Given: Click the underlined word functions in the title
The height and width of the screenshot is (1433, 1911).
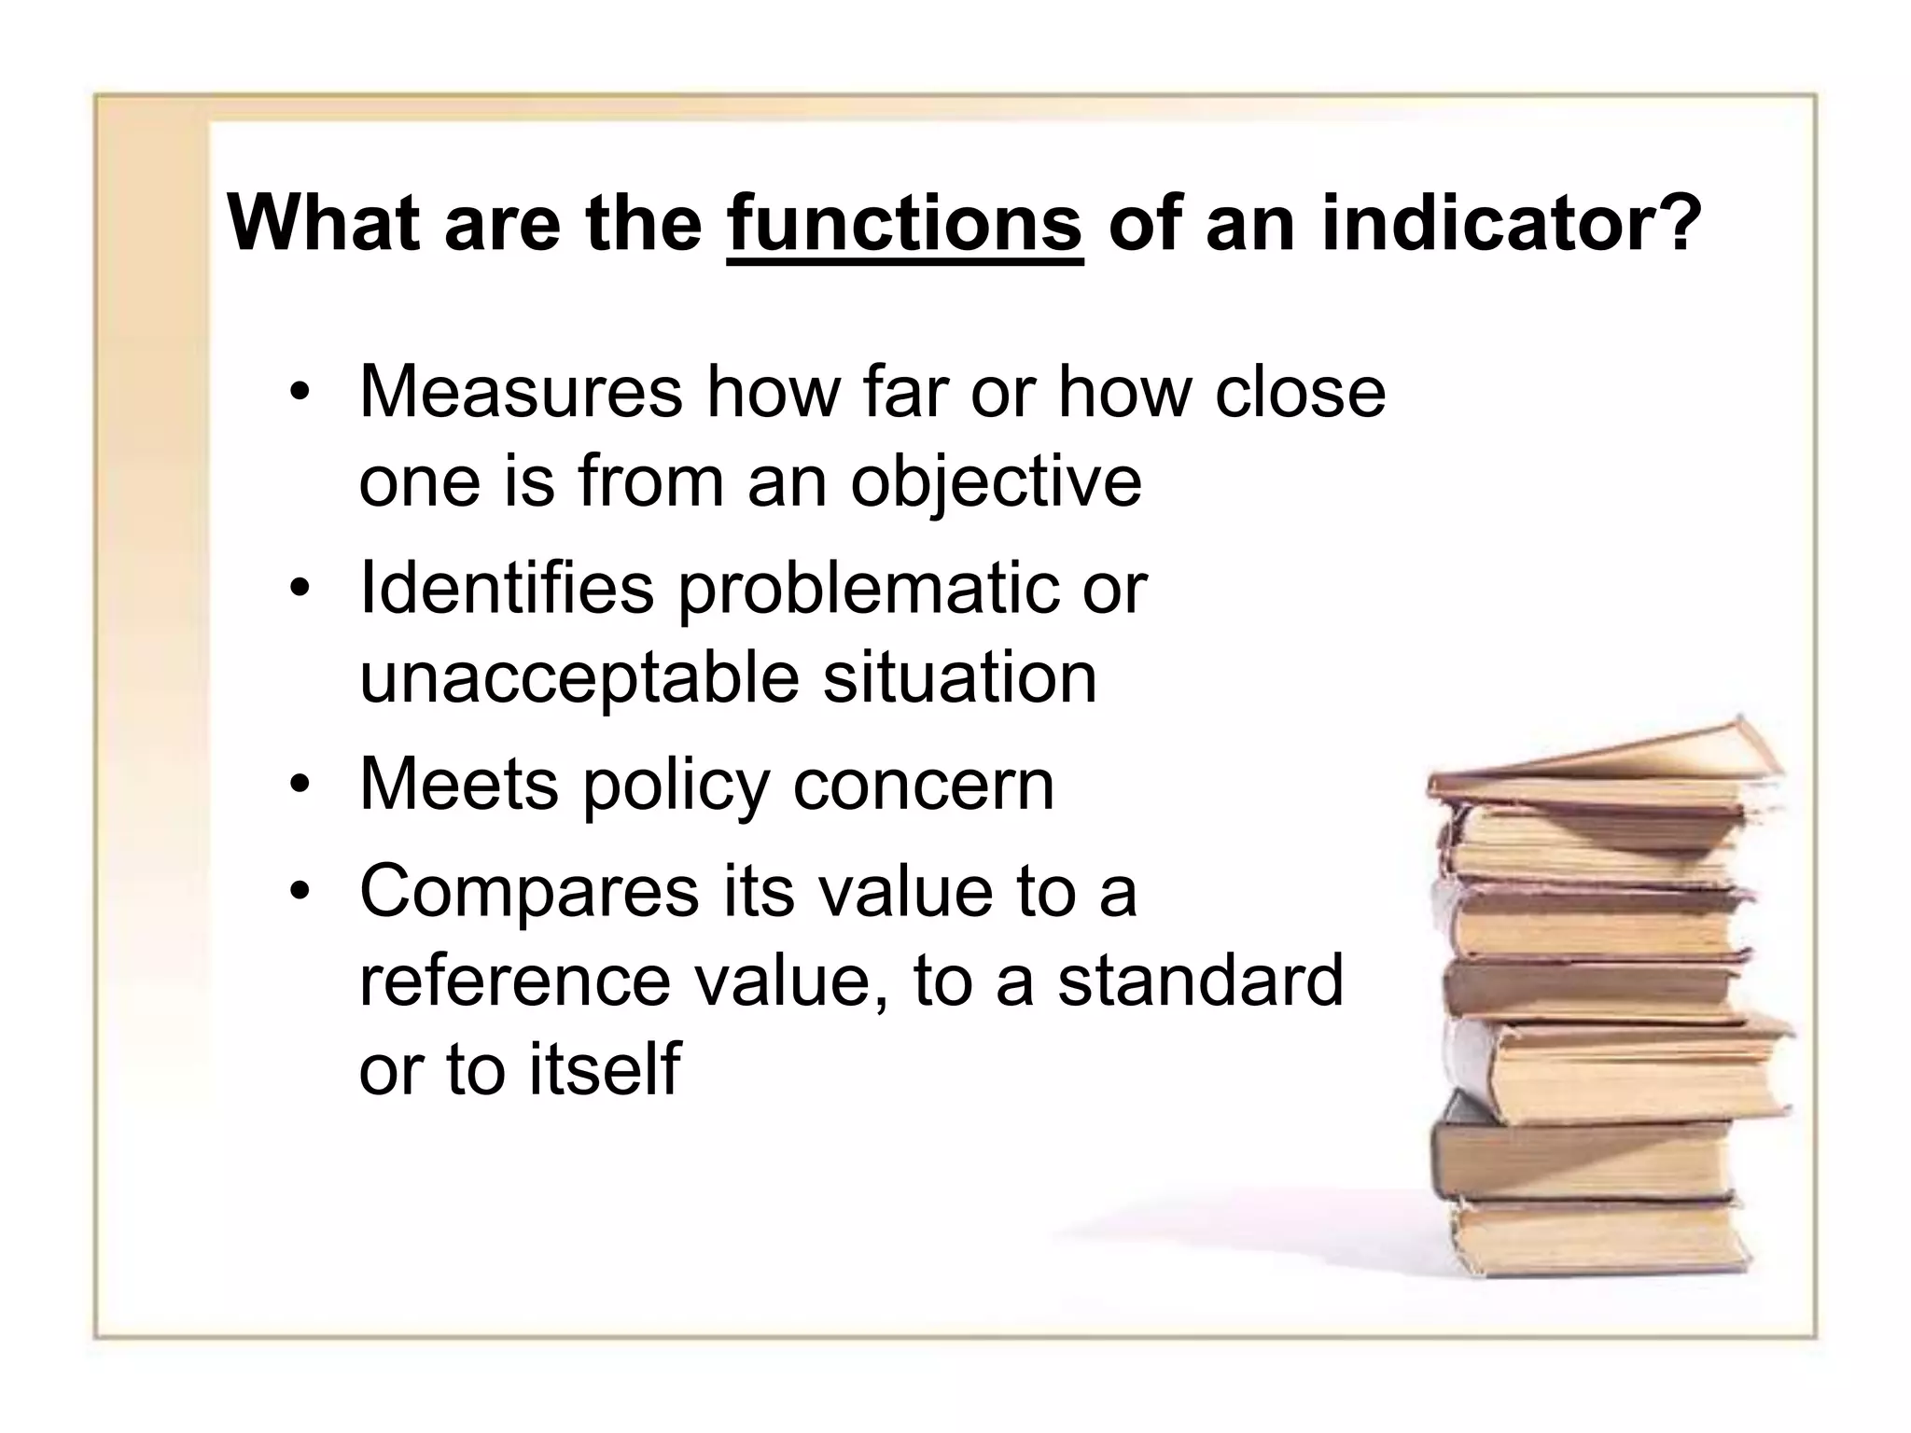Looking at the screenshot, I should point(904,224).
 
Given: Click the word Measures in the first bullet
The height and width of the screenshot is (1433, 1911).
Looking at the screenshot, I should point(521,392).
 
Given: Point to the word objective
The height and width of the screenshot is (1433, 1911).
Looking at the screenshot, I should point(996,481).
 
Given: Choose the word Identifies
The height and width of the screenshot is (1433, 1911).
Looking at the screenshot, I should point(507,588).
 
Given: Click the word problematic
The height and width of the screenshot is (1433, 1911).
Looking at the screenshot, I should point(868,590).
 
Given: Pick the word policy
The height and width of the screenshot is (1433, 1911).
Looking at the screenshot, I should point(677,786).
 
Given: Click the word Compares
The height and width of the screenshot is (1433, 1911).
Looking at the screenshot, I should point(529,892).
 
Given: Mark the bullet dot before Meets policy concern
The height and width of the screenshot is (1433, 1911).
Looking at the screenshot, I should point(299,786).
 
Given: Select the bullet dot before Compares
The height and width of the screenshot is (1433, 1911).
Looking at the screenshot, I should point(299,892).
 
